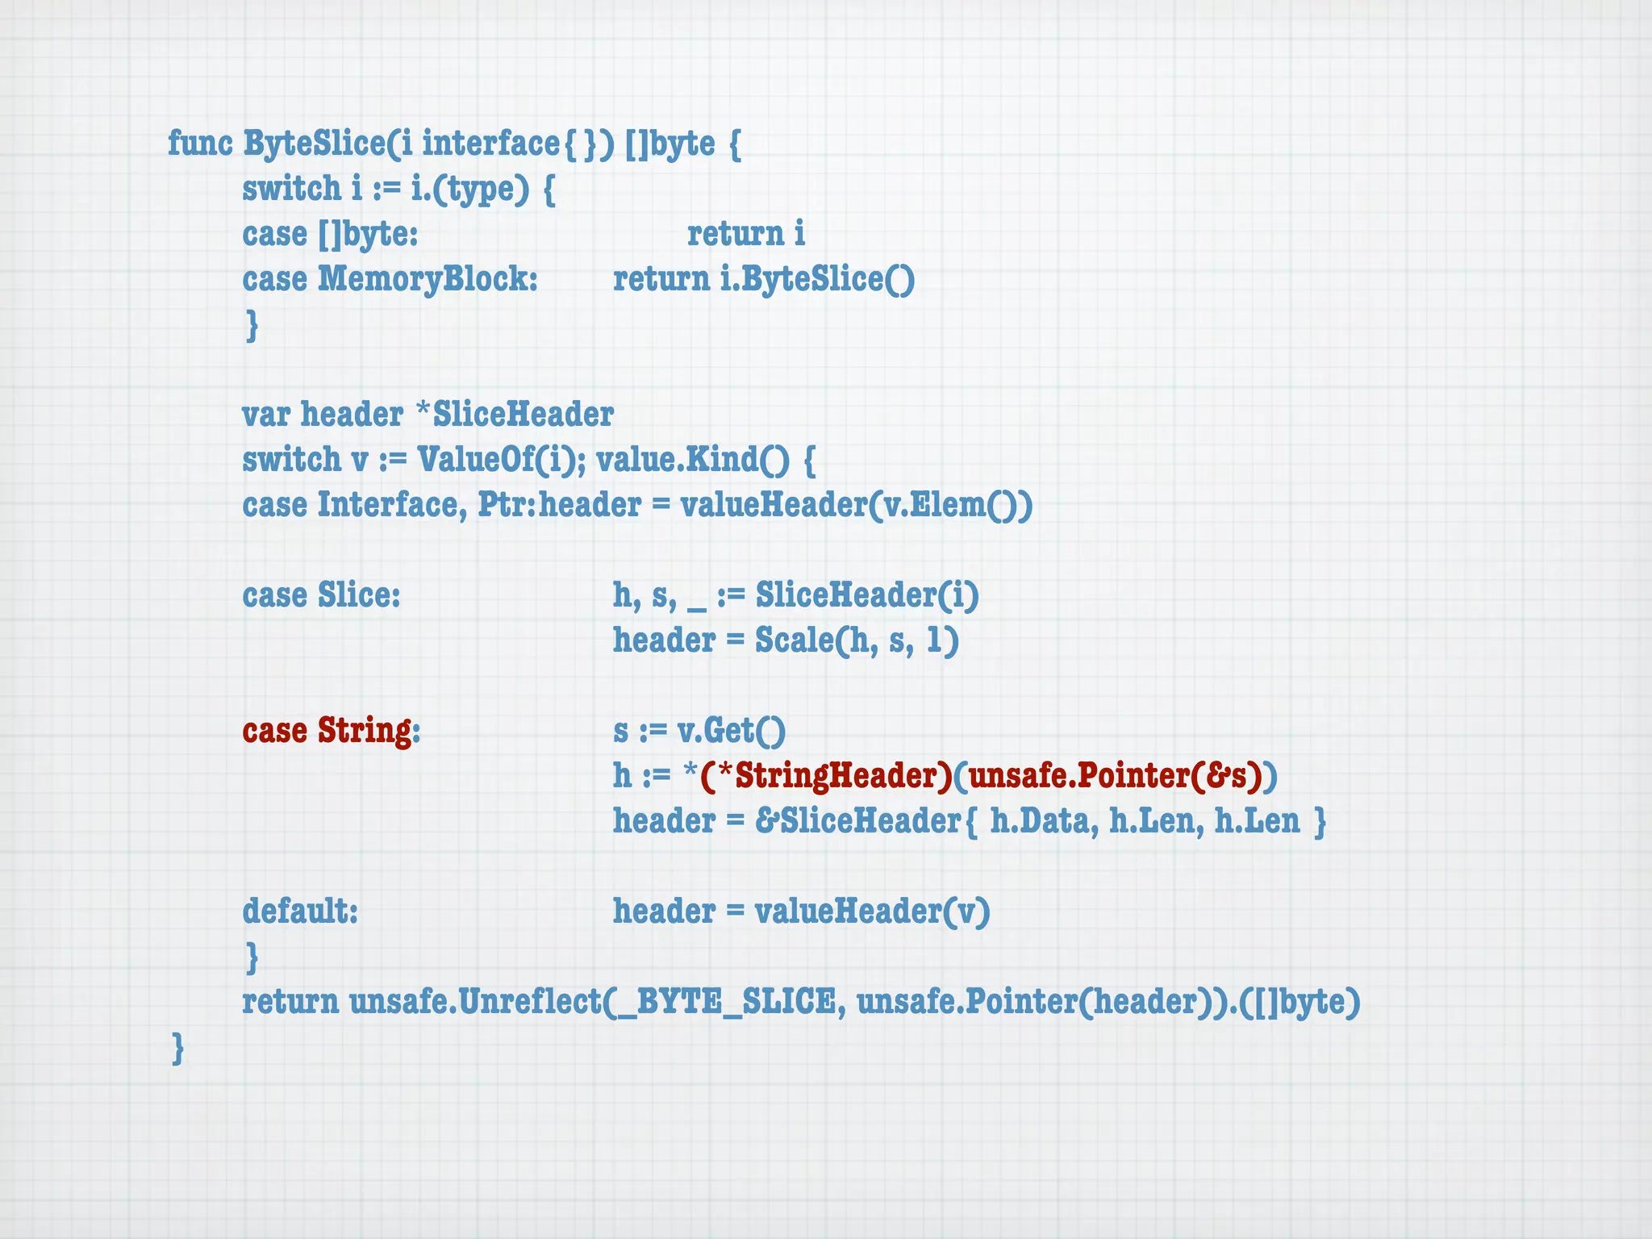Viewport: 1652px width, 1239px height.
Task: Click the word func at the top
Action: (200, 144)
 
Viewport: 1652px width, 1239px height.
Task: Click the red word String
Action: (364, 731)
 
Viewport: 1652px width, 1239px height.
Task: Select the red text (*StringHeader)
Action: (826, 776)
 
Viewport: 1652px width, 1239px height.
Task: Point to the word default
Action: (297, 912)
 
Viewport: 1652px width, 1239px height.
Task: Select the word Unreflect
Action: (529, 1002)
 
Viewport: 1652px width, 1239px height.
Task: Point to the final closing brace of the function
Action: (177, 1049)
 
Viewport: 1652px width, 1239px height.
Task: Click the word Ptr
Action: (504, 505)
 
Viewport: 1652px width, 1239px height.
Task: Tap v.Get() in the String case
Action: (731, 731)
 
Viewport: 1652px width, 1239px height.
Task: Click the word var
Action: (266, 415)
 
